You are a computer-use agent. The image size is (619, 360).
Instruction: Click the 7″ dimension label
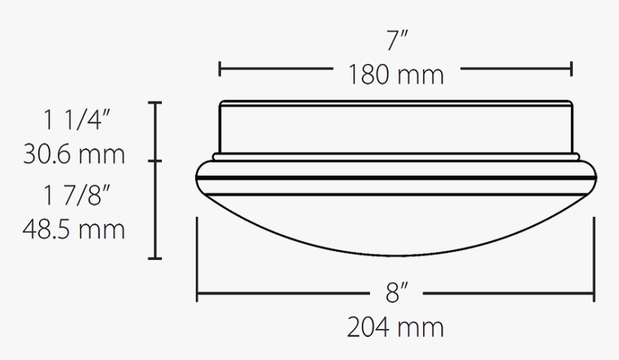(397, 41)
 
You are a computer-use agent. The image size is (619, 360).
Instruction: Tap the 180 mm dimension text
(396, 74)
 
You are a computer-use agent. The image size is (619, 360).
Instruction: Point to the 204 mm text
(396, 328)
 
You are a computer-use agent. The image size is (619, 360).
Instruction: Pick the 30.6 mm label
(74, 154)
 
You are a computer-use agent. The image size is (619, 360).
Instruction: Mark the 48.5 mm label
(74, 230)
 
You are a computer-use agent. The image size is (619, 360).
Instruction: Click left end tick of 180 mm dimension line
(220, 69)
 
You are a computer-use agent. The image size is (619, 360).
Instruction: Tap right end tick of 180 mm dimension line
(572, 69)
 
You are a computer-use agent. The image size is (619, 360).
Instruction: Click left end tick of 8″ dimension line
(197, 294)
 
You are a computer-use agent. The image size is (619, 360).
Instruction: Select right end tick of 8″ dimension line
(594, 294)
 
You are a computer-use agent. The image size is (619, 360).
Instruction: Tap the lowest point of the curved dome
(396, 256)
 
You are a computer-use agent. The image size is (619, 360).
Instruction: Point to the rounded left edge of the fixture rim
(199, 177)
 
